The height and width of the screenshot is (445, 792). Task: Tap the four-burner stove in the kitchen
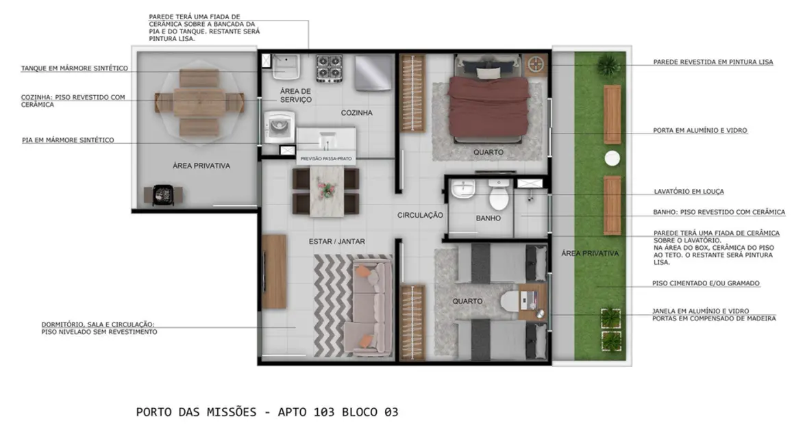pos(329,68)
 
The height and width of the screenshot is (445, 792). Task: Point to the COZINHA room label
pos(356,113)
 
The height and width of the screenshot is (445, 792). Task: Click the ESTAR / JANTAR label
pos(336,242)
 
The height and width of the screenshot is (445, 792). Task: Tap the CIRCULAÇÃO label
pos(421,215)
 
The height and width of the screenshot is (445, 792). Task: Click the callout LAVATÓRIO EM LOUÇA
pos(689,192)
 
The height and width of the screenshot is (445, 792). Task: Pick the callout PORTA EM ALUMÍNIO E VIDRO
pos(700,130)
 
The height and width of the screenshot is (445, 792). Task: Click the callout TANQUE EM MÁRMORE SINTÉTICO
pos(74,68)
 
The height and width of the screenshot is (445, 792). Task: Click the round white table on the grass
pos(611,158)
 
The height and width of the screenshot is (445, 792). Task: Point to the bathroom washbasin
pos(464,189)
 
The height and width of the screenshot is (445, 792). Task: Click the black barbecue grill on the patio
pos(163,194)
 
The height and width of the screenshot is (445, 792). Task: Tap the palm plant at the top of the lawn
pos(606,66)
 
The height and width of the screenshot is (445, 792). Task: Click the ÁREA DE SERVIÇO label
pos(295,95)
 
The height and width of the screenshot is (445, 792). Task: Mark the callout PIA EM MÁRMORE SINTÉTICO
pos(68,140)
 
